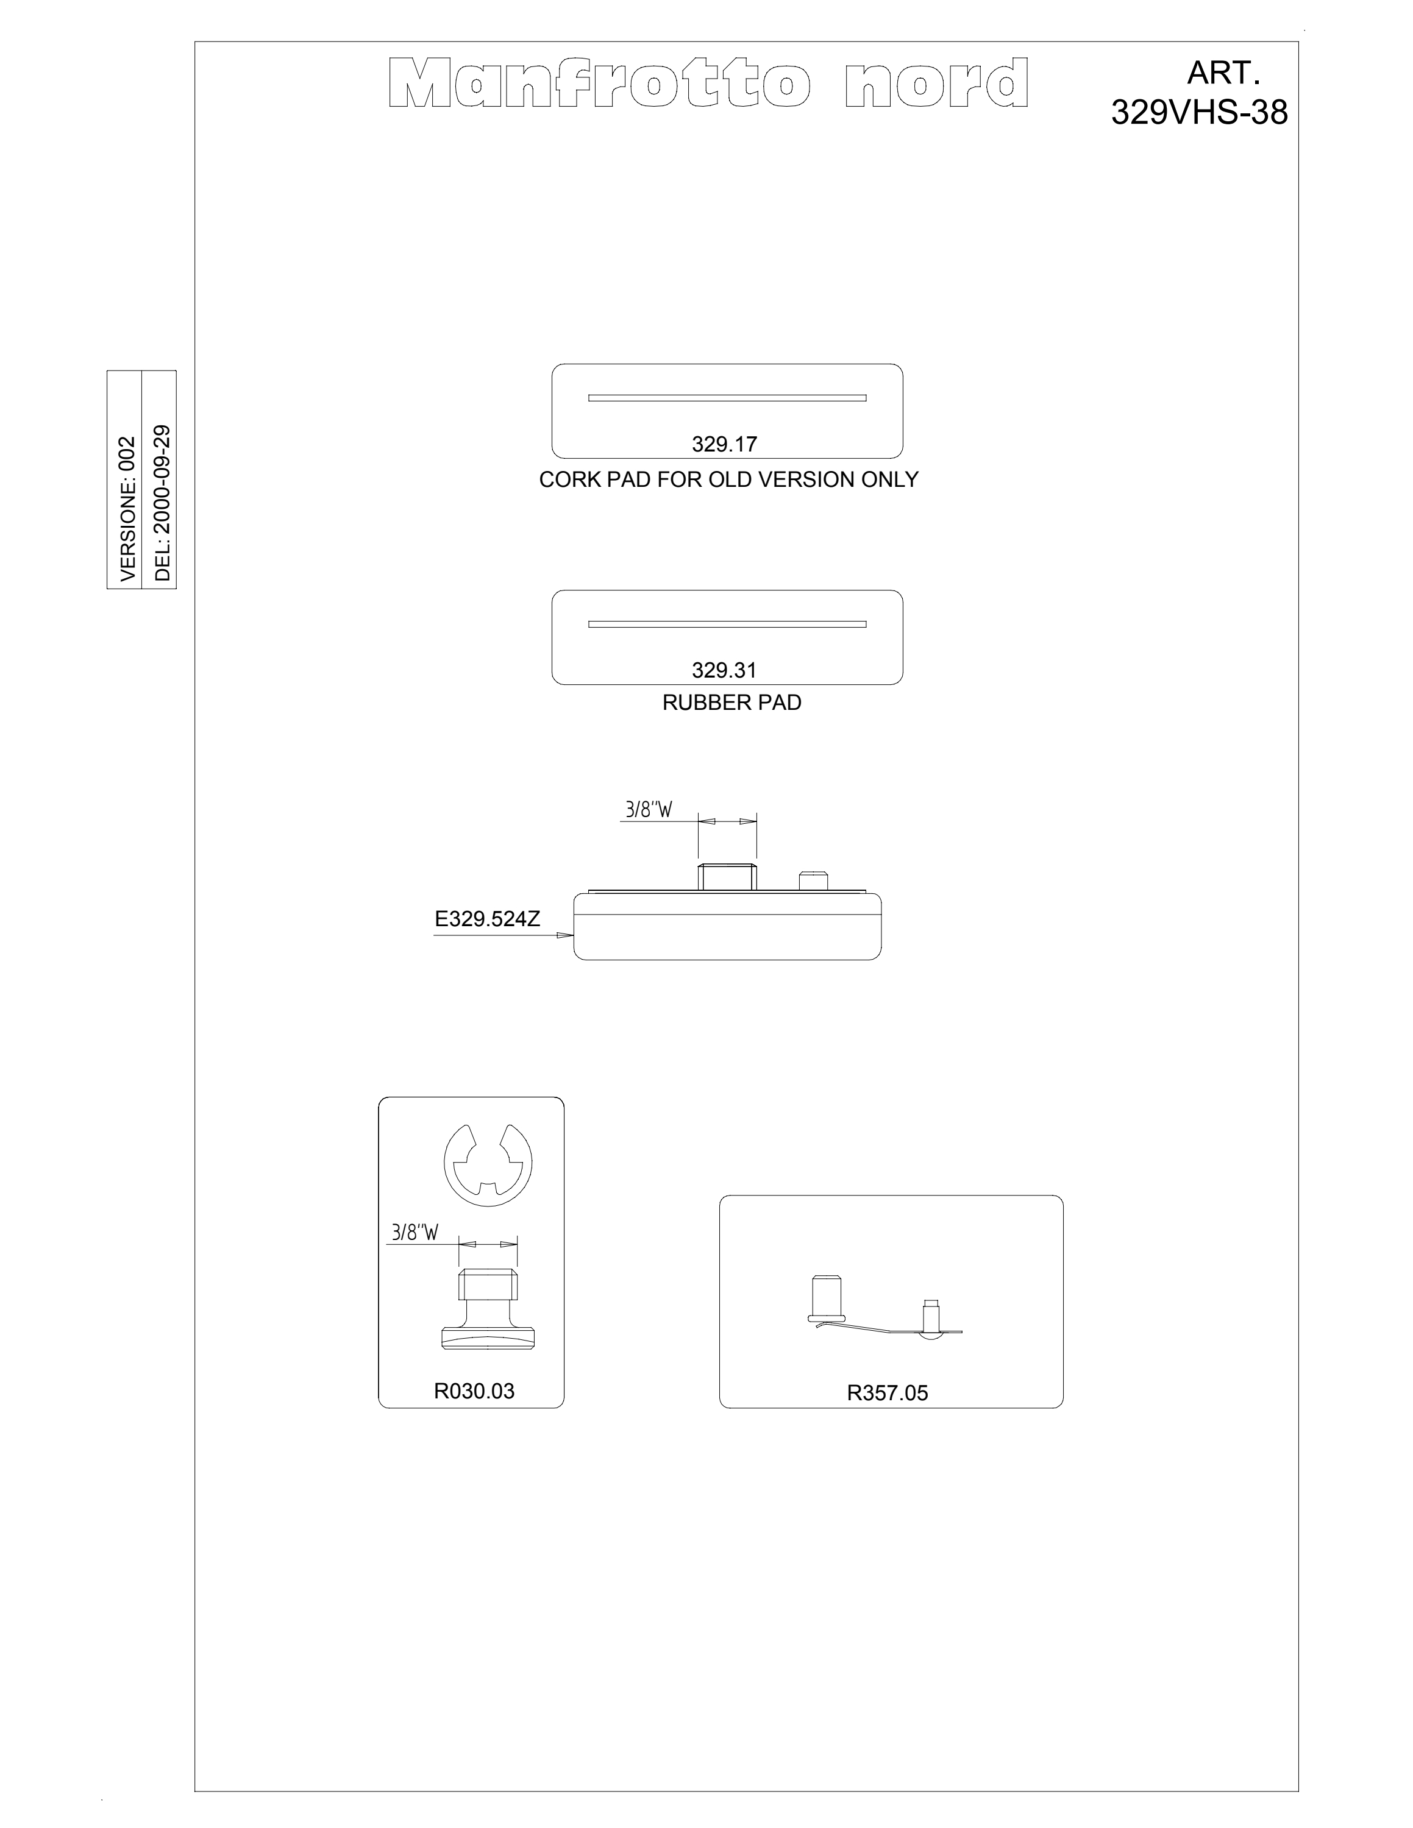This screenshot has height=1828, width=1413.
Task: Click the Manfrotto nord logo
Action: point(709,83)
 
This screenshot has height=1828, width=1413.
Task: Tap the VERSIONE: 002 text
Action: point(127,509)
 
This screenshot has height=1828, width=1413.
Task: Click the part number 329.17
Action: point(724,444)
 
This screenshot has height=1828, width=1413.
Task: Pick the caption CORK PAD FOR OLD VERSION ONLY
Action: point(728,480)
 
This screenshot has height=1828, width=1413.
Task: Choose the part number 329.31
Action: point(724,670)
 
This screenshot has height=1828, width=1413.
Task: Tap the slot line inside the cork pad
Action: point(727,397)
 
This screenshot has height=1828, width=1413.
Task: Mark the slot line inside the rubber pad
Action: point(727,623)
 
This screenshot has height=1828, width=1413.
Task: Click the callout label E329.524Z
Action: point(487,919)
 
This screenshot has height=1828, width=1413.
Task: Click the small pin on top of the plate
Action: point(813,880)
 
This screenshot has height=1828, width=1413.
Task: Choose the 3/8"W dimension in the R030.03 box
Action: point(415,1233)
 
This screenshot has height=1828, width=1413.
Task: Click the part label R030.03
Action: point(474,1391)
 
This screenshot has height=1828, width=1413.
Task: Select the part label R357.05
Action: point(888,1393)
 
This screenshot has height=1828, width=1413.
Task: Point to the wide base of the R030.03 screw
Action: point(487,1339)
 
